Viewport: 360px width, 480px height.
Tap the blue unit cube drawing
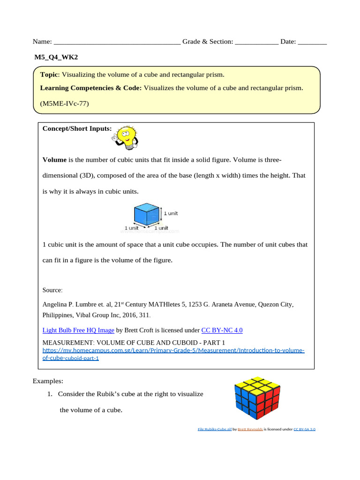tap(147, 215)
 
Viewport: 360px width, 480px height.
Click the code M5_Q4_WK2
tap(56, 57)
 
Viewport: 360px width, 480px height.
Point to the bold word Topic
tap(49, 75)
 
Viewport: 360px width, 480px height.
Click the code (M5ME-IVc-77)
tap(64, 103)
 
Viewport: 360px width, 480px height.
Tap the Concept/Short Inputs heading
tap(77, 128)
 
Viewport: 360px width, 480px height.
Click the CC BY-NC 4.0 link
tap(222, 330)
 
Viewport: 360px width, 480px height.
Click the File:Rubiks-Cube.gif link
tap(214, 429)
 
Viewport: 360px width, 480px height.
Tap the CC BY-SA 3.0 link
tap(304, 429)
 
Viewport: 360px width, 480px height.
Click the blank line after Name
tap(117, 42)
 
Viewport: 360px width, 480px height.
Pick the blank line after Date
tap(312, 42)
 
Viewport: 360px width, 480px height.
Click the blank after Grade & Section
tap(256, 42)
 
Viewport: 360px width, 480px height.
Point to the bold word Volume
tap(54, 160)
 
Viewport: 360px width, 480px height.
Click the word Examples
tap(48, 381)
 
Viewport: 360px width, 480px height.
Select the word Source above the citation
tap(52, 290)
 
